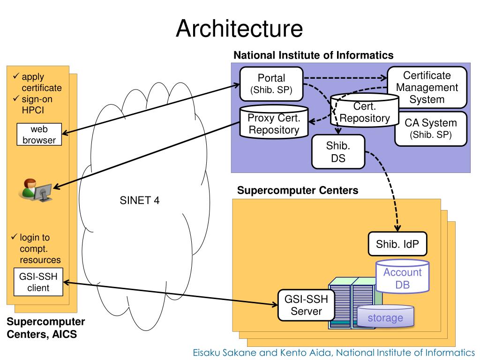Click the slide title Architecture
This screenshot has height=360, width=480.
239,29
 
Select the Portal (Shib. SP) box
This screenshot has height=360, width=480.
271,84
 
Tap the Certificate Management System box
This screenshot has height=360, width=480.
427,88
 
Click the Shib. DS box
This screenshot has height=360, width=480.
338,152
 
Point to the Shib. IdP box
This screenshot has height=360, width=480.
397,244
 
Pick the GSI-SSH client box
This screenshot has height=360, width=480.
38,282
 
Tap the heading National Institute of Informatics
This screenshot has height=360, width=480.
313,55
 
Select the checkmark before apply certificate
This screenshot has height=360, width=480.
15,76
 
